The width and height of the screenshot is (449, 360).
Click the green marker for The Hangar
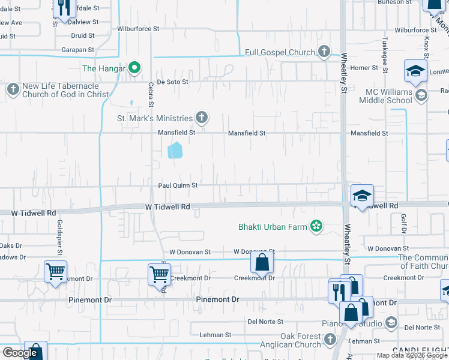[135, 68]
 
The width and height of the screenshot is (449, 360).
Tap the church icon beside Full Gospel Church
[325, 52]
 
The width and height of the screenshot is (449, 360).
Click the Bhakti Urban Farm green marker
[316, 226]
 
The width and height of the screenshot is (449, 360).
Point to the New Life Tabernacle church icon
[13, 90]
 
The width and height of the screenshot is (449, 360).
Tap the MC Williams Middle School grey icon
[421, 95]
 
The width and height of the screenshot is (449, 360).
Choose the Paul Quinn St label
[178, 186]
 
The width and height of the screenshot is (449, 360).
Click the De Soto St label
[173, 82]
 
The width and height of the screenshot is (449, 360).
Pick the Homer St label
[364, 68]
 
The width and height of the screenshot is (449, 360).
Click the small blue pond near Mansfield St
[175, 150]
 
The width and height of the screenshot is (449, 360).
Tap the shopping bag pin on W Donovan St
[262, 262]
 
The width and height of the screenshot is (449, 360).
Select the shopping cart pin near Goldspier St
[55, 271]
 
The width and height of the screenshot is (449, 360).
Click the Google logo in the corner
[20, 353]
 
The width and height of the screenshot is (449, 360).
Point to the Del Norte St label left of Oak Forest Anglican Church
[265, 322]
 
